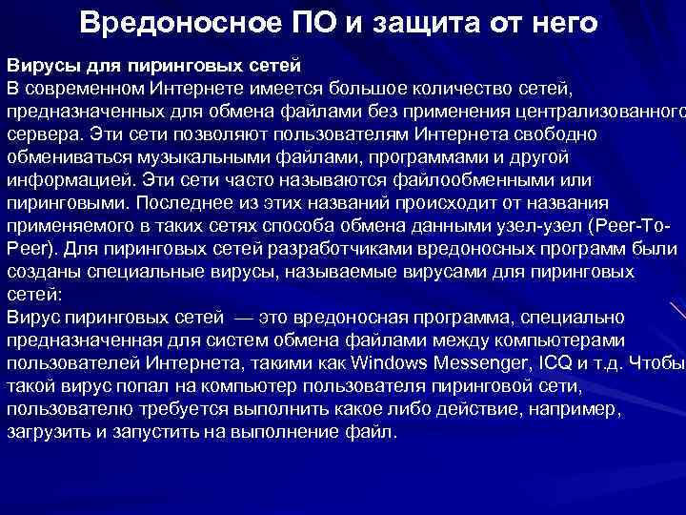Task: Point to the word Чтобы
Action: click(656, 363)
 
